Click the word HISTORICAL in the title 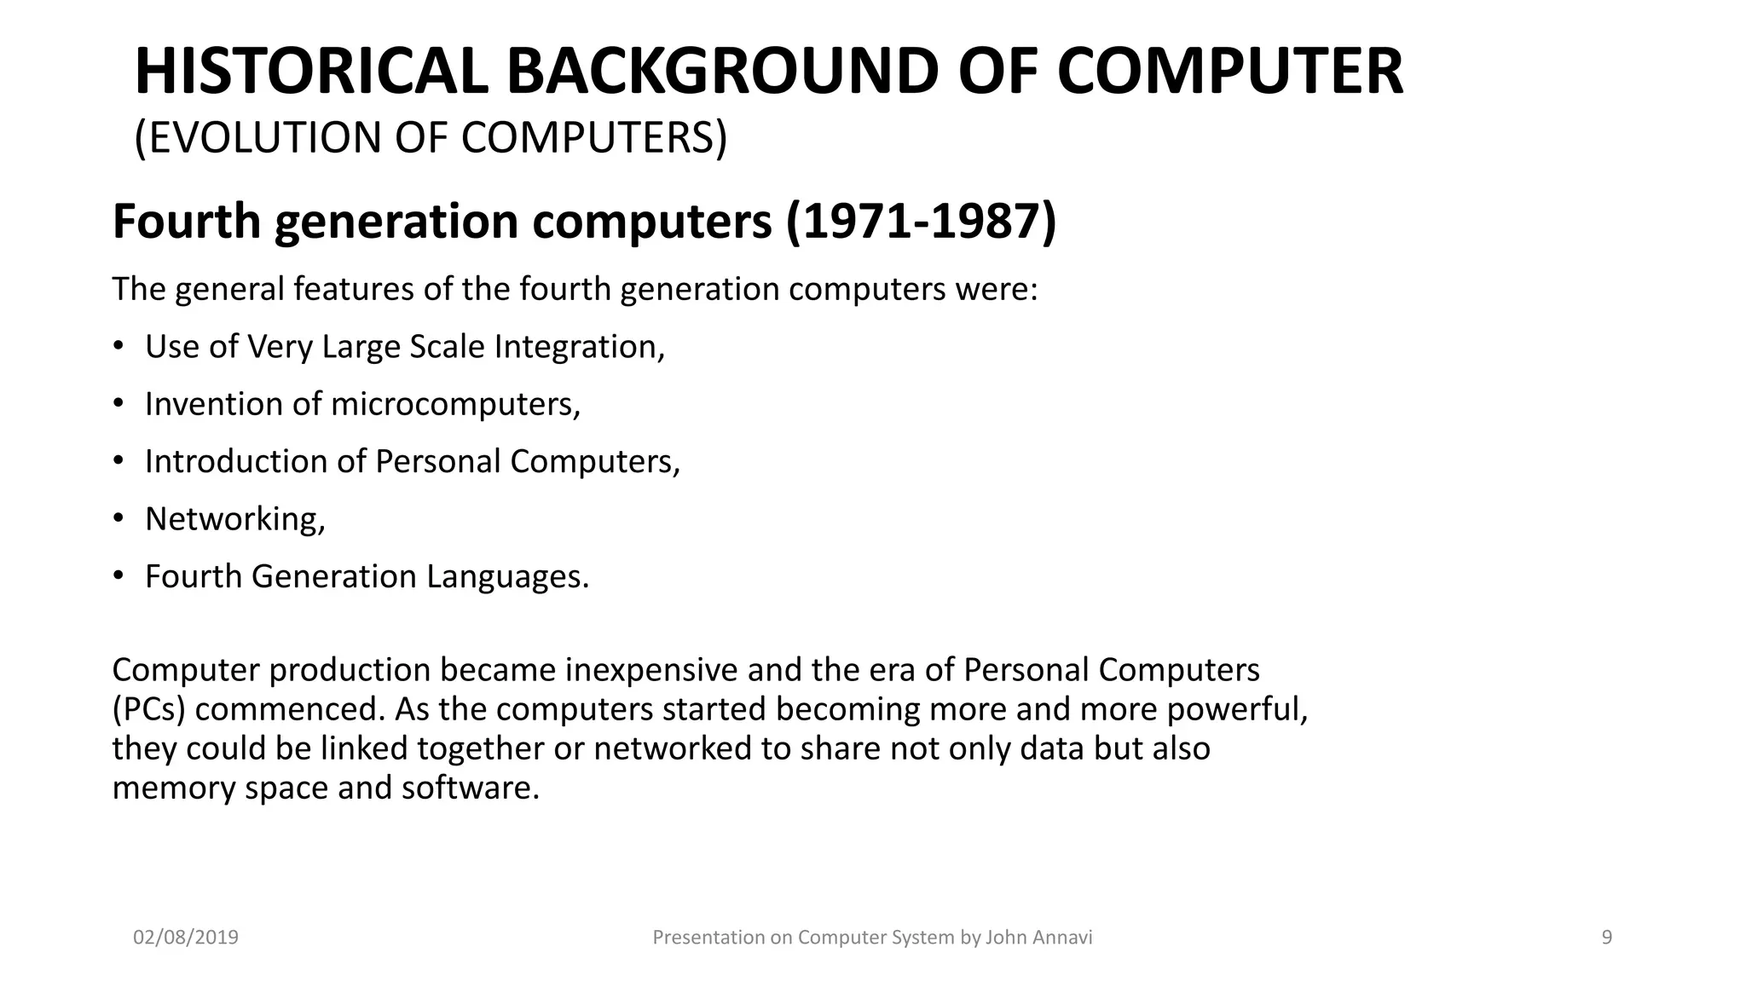pos(310,72)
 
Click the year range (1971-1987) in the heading pos(921,222)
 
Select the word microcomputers pos(455,404)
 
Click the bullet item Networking pos(234,519)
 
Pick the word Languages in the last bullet pos(507,576)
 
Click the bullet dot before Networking pos(119,517)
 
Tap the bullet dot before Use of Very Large pos(119,345)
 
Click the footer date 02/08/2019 pos(186,938)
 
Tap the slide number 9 pos(1607,938)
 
